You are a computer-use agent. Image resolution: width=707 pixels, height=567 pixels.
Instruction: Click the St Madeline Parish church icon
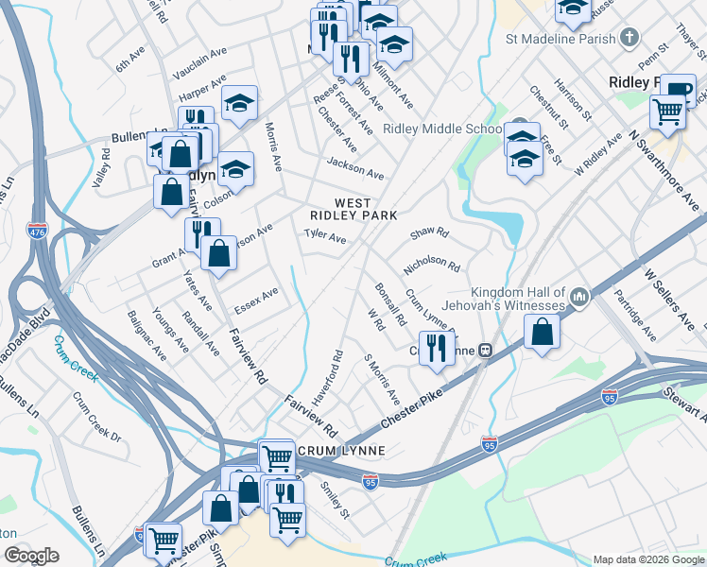(628, 39)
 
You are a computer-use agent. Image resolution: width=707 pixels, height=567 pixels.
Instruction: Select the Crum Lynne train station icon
(485, 350)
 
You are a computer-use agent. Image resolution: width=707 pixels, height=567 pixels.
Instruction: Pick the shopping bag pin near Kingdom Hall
(543, 332)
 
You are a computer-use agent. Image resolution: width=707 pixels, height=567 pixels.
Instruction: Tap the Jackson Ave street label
(354, 168)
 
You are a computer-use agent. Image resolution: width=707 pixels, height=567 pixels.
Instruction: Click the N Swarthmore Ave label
(666, 170)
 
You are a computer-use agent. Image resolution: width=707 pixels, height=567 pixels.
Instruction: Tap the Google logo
(31, 556)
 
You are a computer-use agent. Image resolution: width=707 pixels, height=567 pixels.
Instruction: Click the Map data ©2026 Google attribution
(647, 559)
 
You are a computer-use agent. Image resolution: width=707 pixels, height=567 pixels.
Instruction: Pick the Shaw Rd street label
(429, 232)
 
